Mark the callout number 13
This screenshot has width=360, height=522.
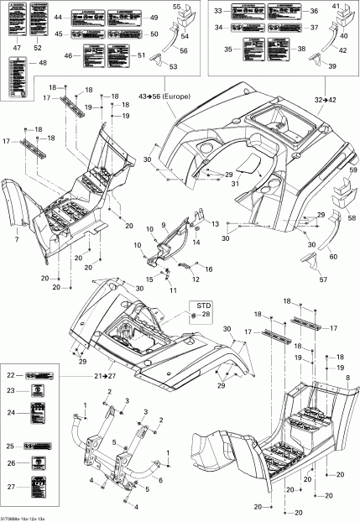coord(214,225)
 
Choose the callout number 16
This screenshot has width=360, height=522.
coord(209,269)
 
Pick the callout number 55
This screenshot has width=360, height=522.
coord(176,6)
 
